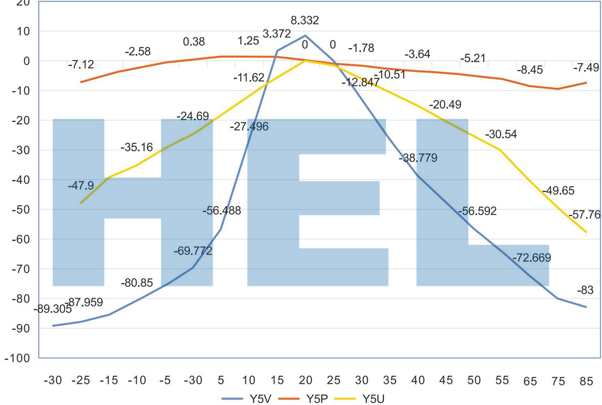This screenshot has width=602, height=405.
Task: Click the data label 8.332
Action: (305, 21)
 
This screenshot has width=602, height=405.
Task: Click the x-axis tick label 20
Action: (305, 381)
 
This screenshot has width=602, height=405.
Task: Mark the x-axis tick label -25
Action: (81, 381)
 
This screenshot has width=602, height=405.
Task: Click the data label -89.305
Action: (52, 309)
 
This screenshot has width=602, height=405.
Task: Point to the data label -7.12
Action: (80, 65)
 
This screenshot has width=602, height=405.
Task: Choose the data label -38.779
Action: (418, 158)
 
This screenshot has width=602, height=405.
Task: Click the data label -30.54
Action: (501, 134)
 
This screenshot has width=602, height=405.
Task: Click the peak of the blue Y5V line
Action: (305, 36)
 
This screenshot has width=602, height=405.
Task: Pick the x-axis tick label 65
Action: (529, 381)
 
